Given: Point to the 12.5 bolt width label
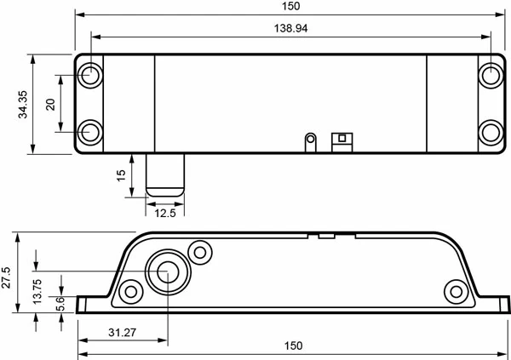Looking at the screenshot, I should pyautogui.click(x=165, y=213).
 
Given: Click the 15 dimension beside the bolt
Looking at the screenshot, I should pyautogui.click(x=121, y=175).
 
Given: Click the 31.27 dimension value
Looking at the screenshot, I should pyautogui.click(x=122, y=334).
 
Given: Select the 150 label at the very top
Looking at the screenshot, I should pyautogui.click(x=290, y=6).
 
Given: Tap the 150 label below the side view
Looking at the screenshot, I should pyautogui.click(x=292, y=346).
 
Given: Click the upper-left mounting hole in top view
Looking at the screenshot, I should pyautogui.click(x=90, y=75).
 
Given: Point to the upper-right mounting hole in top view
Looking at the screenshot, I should pyautogui.click(x=490, y=75).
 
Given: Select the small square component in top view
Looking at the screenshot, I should pyautogui.click(x=342, y=139).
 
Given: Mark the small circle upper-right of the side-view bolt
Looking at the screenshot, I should pyautogui.click(x=201, y=252).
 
